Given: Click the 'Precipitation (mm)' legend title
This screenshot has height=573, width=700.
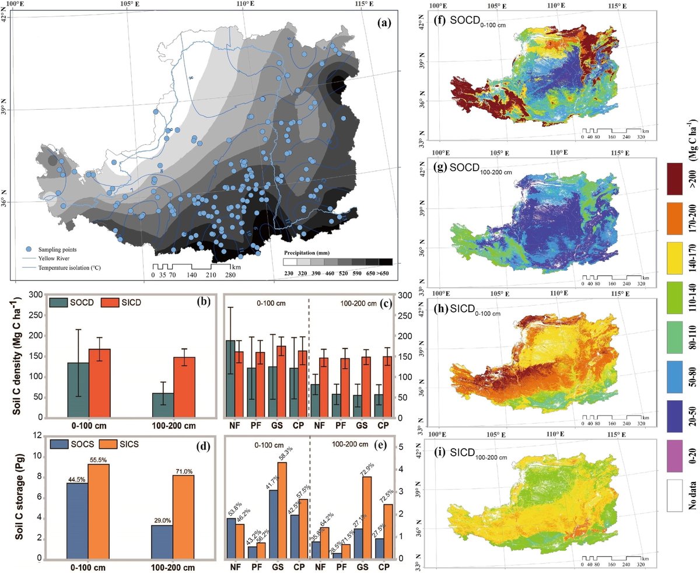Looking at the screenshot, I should click(311, 253).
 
